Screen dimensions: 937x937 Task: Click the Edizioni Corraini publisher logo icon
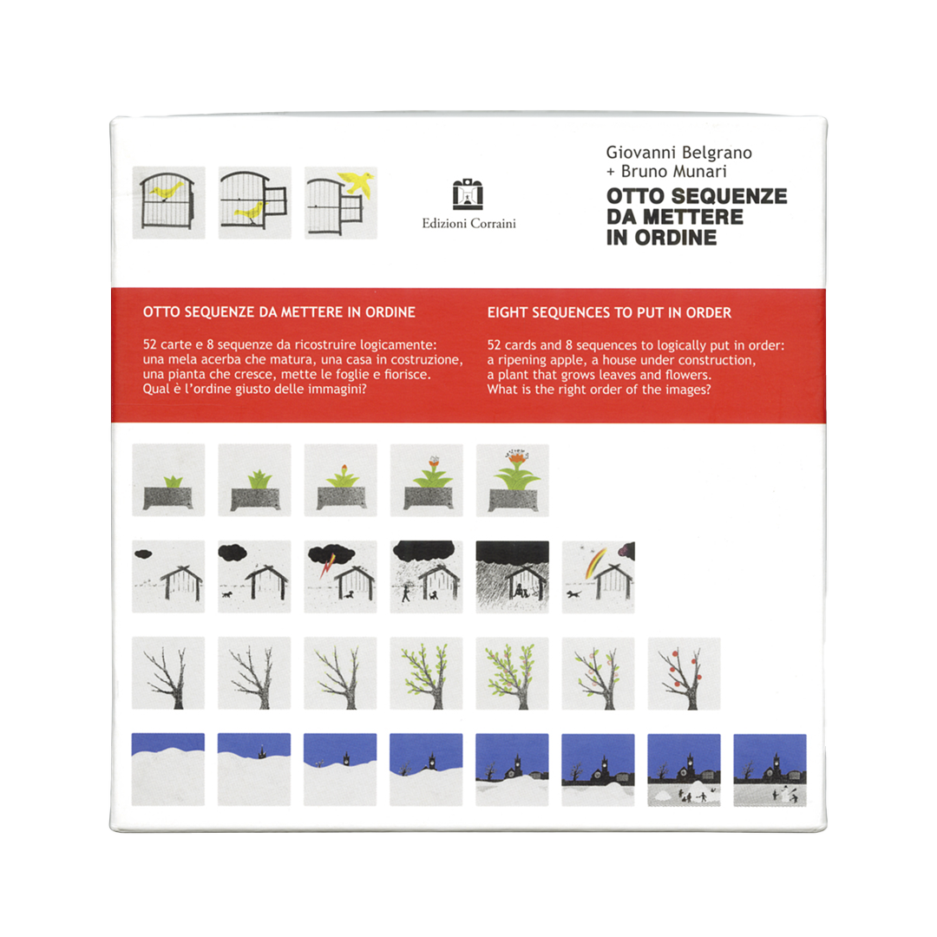[468, 194]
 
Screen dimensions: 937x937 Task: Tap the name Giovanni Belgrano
[678, 153]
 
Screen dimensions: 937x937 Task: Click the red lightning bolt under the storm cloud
[327, 565]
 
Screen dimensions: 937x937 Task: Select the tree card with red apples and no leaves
[684, 673]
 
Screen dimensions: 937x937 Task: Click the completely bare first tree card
[168, 673]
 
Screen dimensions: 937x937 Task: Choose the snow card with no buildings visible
[168, 769]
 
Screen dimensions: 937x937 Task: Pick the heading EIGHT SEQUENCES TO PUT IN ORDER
[609, 312]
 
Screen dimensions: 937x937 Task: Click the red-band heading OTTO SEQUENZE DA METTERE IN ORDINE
[279, 312]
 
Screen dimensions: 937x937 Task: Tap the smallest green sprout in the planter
[174, 481]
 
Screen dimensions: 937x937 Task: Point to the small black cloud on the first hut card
[143, 554]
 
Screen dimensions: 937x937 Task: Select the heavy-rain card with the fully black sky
[512, 577]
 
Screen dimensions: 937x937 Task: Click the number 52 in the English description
[495, 345]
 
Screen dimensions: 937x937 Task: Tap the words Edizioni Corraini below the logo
[468, 224]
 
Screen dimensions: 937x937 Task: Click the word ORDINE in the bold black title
[675, 238]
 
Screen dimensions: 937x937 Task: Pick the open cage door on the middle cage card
[276, 200]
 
